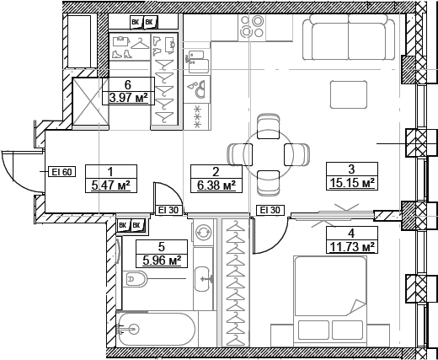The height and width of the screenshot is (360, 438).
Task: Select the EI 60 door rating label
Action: point(63,172)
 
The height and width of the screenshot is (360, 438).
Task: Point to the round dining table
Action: point(269,154)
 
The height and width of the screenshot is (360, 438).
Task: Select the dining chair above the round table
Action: point(269,126)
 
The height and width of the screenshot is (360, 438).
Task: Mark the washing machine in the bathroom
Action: point(202,233)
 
